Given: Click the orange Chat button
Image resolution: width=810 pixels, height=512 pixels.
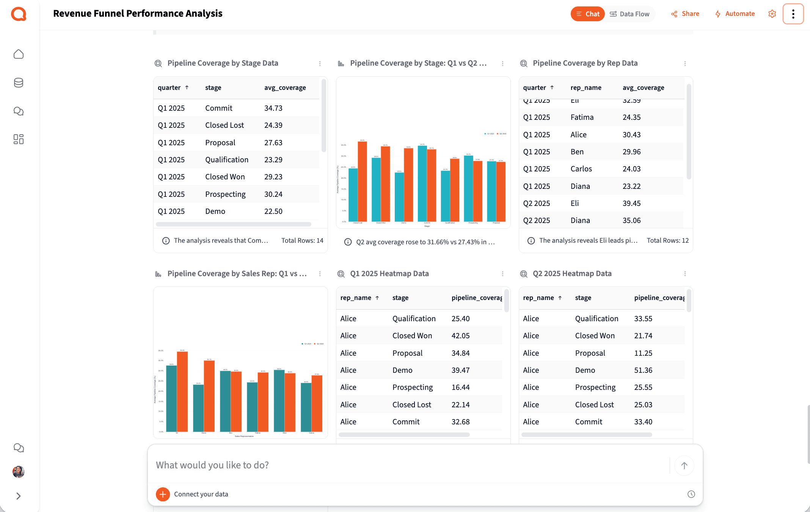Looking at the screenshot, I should tap(587, 14).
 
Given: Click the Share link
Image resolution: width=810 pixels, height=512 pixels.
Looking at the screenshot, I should tap(685, 14).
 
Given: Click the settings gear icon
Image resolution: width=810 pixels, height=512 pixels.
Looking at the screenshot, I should tap(772, 14).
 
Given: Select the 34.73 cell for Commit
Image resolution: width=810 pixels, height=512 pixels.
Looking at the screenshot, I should tap(273, 108).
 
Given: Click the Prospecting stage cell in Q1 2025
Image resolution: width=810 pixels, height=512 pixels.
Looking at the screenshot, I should tap(225, 194).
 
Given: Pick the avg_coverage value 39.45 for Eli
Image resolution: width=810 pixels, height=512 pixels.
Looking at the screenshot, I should tap(631, 203).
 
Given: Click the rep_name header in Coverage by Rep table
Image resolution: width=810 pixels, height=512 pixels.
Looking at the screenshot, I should tap(586, 88).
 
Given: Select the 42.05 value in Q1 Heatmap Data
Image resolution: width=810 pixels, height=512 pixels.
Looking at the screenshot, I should tap(460, 336).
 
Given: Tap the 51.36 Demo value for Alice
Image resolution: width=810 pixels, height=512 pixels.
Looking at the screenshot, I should tap(643, 370).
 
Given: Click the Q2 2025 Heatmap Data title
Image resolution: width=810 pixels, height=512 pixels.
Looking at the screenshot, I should tap(572, 273).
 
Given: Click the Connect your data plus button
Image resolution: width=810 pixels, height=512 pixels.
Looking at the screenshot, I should tap(163, 494).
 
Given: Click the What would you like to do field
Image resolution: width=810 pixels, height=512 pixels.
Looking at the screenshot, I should tap(410, 465).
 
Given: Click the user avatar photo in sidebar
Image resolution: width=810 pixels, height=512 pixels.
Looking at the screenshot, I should tap(19, 472).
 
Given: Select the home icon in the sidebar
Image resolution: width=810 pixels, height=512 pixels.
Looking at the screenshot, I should tap(19, 54).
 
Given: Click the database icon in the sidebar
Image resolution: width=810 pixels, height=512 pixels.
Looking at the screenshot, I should tap(19, 83).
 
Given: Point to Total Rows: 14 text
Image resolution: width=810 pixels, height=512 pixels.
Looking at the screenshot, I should tap(302, 240).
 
